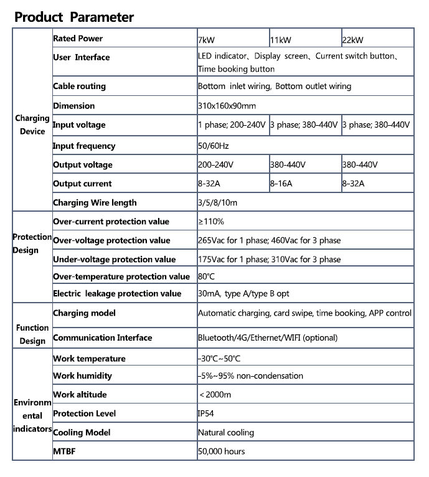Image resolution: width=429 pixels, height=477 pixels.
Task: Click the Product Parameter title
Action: click(x=74, y=16)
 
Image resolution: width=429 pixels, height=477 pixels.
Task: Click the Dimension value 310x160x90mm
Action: click(x=227, y=106)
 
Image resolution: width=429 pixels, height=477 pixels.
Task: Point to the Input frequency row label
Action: click(x=84, y=146)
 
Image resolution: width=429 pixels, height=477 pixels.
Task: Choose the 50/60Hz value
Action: click(x=213, y=146)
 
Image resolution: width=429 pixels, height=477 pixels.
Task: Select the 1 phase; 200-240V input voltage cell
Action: click(x=232, y=125)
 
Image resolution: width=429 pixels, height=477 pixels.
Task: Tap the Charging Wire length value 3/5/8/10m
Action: click(x=217, y=202)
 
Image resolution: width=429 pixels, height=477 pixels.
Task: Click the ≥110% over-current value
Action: click(x=211, y=222)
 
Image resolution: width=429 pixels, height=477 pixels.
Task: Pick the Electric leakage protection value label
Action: click(x=117, y=293)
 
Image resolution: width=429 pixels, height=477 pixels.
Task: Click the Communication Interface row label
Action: click(x=102, y=338)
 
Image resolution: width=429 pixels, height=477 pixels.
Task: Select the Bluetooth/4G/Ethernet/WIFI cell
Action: click(x=267, y=338)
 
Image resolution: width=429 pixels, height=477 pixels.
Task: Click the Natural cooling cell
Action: click(x=225, y=432)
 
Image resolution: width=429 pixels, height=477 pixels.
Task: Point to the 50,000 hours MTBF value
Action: click(x=221, y=451)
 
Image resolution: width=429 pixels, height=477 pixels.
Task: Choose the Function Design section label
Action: click(x=32, y=334)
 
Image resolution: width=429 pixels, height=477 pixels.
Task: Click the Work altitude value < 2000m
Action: click(x=215, y=395)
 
